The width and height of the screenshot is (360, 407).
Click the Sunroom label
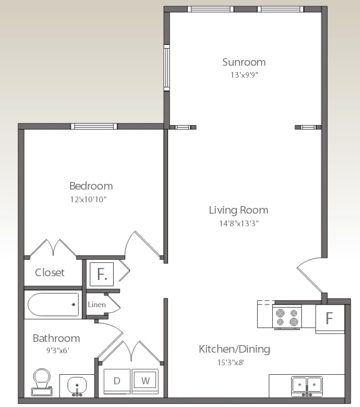pos(244,62)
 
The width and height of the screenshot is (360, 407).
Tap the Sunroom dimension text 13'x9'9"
pos(244,75)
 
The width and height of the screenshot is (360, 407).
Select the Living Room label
pos(238,210)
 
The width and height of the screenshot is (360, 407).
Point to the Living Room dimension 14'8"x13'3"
pos(238,222)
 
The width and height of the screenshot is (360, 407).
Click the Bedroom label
pos(91,186)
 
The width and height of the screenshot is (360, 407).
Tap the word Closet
pos(49,272)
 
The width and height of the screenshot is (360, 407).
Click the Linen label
pos(97,305)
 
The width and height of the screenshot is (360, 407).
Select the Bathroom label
pos(56,338)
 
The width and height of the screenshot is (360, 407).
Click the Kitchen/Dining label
pos(234,349)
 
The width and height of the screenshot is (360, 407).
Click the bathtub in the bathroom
pos(53,305)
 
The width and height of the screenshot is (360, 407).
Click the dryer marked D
pos(117,381)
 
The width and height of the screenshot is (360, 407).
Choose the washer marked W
pos(145,381)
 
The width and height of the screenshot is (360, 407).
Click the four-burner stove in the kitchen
pos(286,316)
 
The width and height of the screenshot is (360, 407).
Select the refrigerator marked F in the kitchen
pos(329,318)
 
